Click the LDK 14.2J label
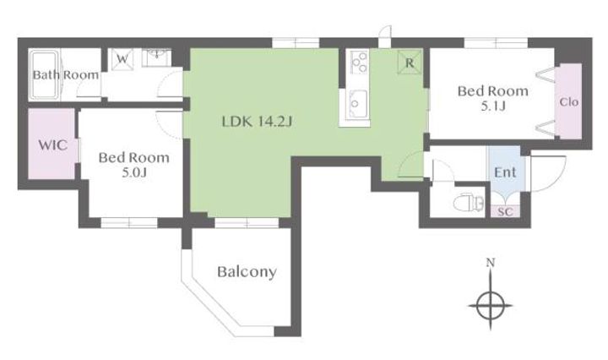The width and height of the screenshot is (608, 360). point(257,122)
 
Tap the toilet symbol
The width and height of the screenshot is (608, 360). point(469,203)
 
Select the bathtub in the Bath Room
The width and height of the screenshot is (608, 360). point(45,75)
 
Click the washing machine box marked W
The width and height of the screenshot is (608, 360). point(122,59)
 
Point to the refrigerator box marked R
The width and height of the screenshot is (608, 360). point(410,63)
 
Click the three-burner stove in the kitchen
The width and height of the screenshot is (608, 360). point(359,62)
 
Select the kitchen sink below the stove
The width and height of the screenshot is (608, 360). point(358,104)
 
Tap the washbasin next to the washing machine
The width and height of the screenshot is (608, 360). point(157,57)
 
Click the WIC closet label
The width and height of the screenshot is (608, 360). point(52,145)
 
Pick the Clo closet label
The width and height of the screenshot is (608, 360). point(569,102)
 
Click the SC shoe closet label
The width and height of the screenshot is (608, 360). point(505,212)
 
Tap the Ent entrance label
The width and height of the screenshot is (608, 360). point(505,172)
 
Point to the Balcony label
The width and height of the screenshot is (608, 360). point(247,272)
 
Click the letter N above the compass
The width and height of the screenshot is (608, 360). point(491,263)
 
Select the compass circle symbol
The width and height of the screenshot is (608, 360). point(491,305)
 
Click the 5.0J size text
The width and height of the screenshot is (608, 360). point(134,172)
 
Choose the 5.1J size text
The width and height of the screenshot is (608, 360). point(493,106)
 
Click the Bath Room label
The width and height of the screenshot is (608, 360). point(66,75)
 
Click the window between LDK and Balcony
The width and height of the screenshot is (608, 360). point(247,222)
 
